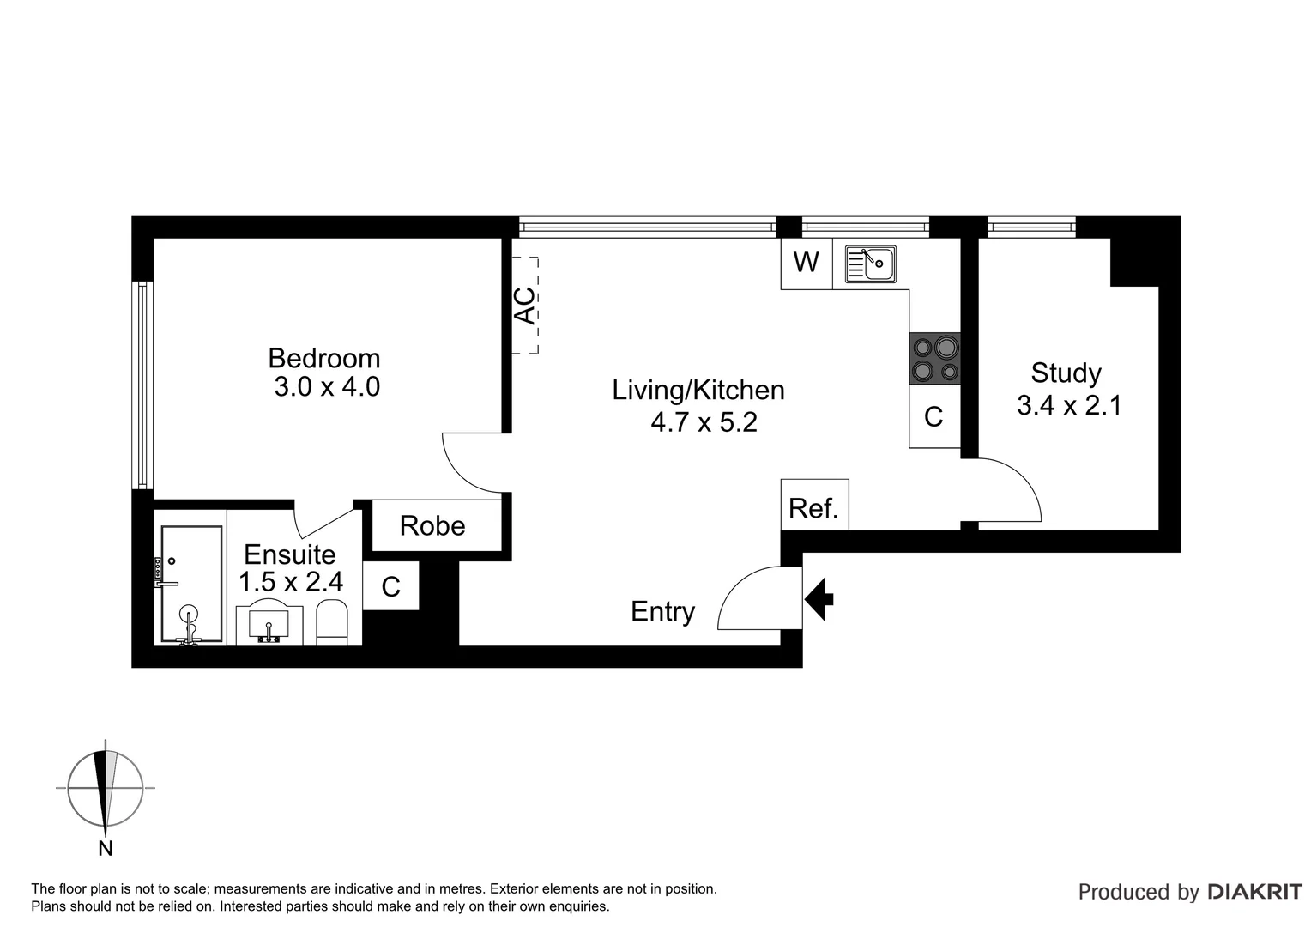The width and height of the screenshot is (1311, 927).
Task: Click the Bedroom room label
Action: (323, 358)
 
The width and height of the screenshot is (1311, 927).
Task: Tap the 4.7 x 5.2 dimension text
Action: (704, 422)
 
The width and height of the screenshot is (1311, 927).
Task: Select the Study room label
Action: (1066, 373)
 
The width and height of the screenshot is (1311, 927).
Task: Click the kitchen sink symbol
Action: (871, 264)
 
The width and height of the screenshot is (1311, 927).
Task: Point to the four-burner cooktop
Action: (935, 359)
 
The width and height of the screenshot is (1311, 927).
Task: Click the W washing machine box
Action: (806, 263)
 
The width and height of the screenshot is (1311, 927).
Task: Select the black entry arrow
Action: (819, 598)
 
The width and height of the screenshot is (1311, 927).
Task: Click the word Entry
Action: (662, 611)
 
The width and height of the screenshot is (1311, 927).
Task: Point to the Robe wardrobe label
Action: (432, 525)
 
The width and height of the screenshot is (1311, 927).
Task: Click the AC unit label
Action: (524, 306)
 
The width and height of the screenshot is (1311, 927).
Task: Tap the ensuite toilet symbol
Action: (331, 622)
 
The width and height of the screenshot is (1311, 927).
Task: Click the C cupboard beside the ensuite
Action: (390, 586)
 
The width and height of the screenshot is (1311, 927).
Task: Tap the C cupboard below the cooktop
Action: (933, 417)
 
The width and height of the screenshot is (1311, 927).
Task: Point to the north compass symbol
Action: (106, 788)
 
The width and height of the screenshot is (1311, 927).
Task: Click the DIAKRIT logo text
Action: (1254, 892)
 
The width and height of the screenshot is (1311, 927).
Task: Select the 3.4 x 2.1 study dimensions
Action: (1069, 405)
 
